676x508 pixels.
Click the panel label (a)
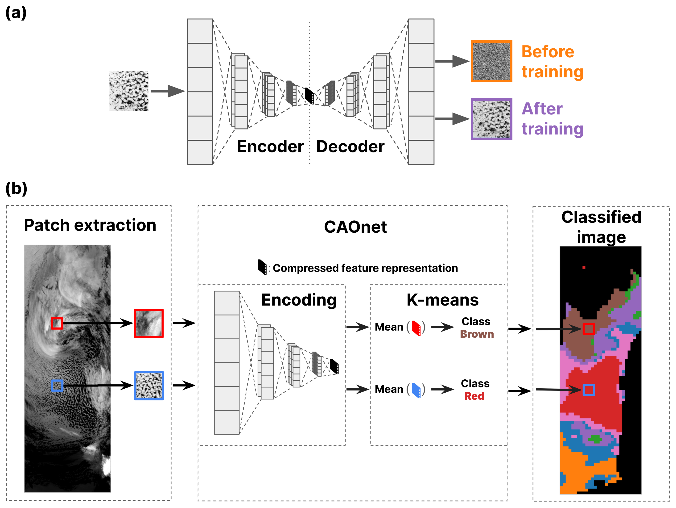(x=16, y=13)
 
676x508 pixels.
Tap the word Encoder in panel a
(x=270, y=147)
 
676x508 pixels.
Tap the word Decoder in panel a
(x=350, y=147)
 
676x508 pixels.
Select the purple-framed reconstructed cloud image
(x=491, y=119)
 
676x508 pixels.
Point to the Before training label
(x=552, y=62)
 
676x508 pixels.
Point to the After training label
(x=552, y=119)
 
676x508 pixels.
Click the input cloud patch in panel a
(x=129, y=91)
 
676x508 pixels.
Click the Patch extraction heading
(x=90, y=225)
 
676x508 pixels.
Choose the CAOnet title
(x=355, y=227)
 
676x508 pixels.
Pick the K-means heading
(x=442, y=300)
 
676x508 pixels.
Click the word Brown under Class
(x=477, y=334)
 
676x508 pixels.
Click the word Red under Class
(x=474, y=396)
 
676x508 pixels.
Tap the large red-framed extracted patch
(x=149, y=323)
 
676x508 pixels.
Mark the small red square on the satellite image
(x=57, y=323)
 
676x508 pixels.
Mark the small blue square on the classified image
(x=589, y=390)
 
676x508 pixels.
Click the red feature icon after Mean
(x=416, y=328)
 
